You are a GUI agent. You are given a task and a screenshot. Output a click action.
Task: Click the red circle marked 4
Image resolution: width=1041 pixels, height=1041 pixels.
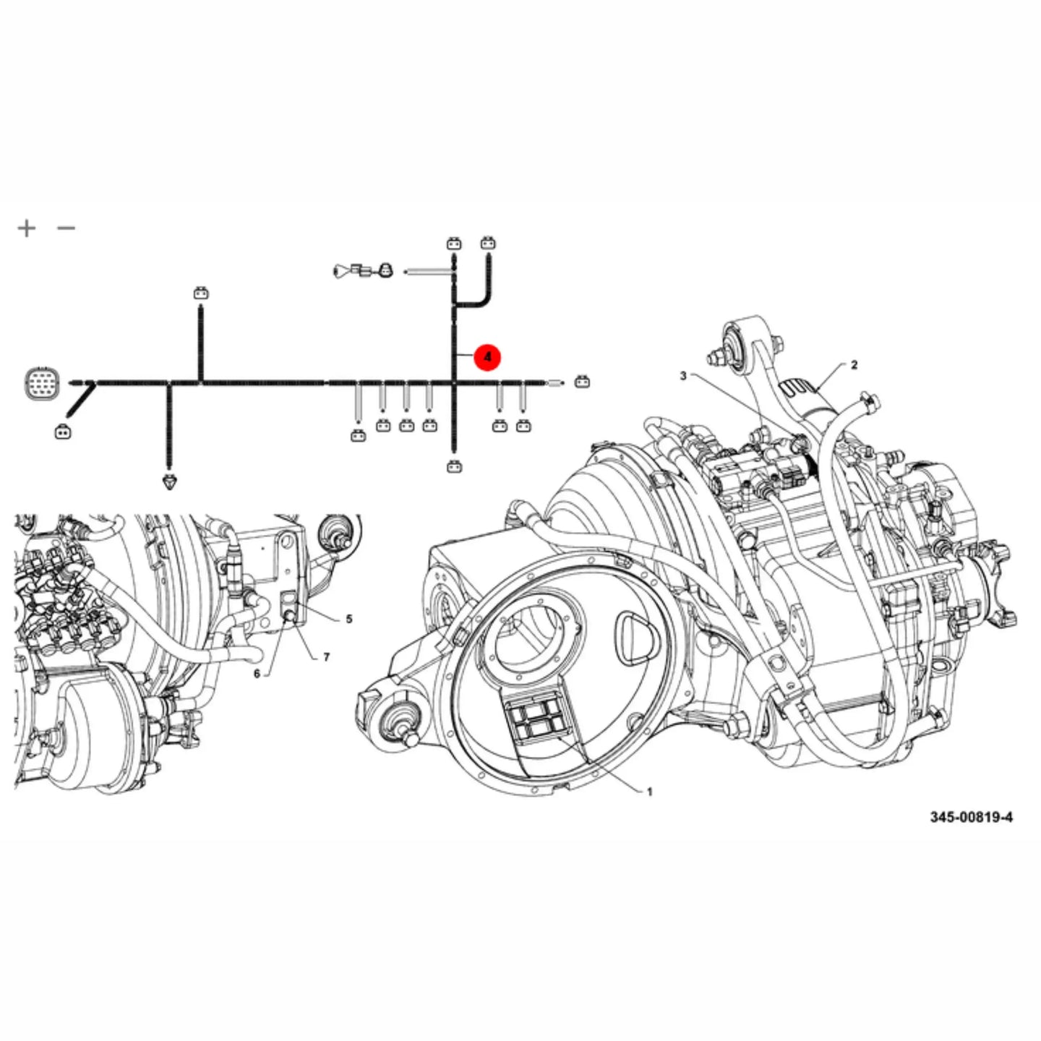coord(487,357)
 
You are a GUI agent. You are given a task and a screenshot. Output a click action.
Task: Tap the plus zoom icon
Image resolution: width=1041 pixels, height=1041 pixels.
coord(26,228)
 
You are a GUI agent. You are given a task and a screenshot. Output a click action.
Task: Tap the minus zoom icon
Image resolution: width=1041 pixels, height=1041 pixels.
coord(66,228)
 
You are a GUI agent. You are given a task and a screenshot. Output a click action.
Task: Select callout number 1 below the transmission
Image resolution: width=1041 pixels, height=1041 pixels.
coord(649,792)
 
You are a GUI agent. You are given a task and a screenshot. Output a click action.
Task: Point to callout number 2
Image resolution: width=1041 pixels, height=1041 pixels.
coord(854,365)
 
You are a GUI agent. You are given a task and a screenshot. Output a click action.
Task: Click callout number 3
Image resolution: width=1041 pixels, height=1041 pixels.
coord(683,375)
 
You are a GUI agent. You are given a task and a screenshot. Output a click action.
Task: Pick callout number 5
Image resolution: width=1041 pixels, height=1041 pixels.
coord(349,619)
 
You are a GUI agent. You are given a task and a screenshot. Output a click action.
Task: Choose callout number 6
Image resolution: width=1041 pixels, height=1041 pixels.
coord(257,674)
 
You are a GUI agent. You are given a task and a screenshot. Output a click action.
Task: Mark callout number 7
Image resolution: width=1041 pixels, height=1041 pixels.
coord(326,657)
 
